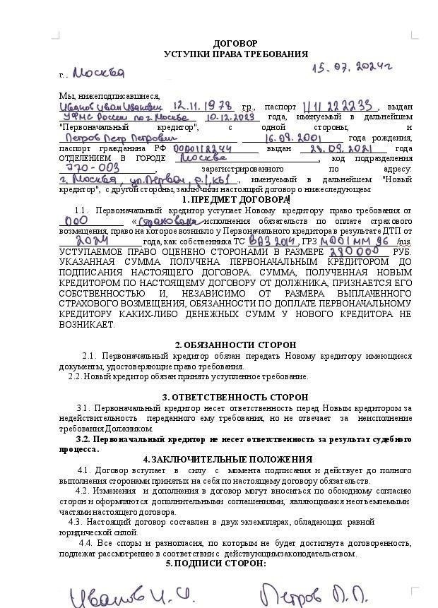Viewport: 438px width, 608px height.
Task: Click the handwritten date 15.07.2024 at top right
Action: click(x=353, y=67)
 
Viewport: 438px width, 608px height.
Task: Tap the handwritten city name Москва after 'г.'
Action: click(x=98, y=73)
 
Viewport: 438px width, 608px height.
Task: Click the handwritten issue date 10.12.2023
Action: click(x=231, y=117)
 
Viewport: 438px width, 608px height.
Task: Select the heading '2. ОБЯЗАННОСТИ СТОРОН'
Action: click(x=235, y=345)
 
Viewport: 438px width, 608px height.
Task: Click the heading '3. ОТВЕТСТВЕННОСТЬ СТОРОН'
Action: click(x=235, y=398)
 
